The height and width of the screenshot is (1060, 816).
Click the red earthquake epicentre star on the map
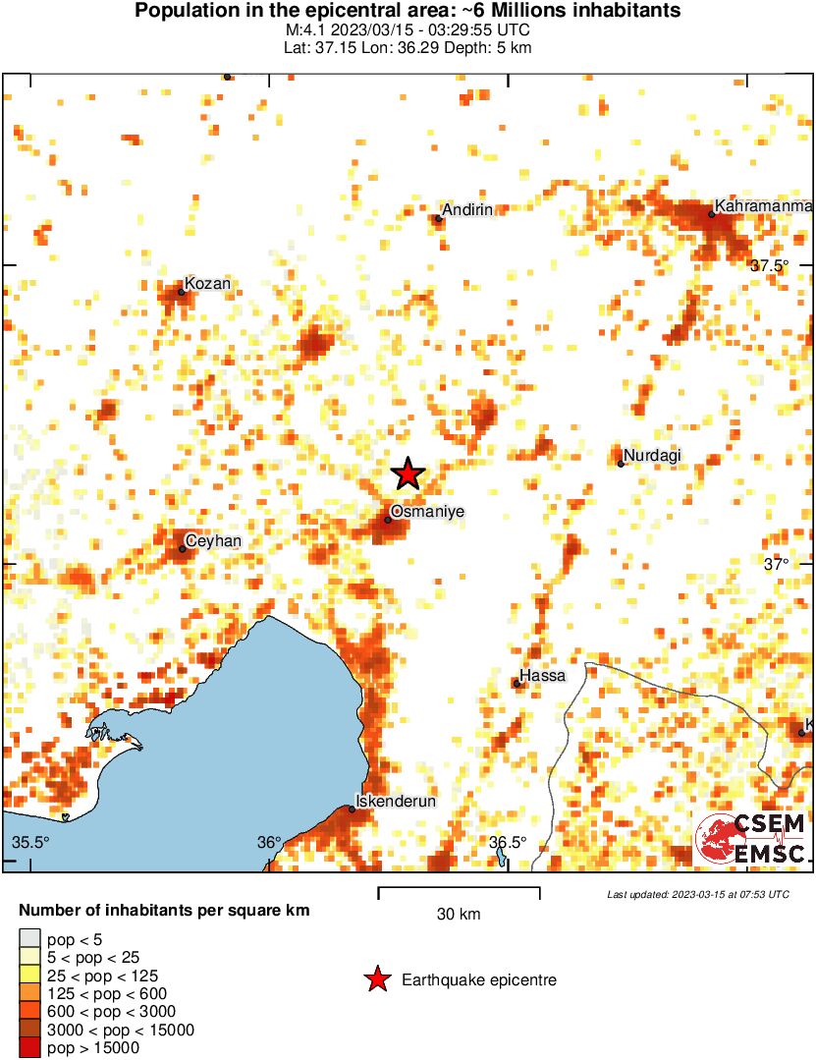(x=408, y=474)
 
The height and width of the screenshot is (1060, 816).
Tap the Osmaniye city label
(x=427, y=512)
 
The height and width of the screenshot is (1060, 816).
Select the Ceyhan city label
(x=213, y=541)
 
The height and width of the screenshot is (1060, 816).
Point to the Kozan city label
(x=208, y=284)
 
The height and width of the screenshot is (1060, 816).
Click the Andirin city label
(x=467, y=209)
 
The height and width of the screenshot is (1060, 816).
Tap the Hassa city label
(x=543, y=676)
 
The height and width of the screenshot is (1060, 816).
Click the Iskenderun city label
(x=395, y=802)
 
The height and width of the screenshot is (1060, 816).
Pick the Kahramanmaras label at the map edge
(x=764, y=206)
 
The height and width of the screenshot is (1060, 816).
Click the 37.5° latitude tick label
(x=770, y=265)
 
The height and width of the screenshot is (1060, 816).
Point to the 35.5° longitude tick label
(x=30, y=842)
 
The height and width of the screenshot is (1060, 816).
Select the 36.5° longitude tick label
(x=507, y=842)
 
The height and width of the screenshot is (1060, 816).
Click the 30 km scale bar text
(x=459, y=915)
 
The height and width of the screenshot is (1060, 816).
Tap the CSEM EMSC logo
(x=751, y=839)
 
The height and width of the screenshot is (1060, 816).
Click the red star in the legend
(x=375, y=979)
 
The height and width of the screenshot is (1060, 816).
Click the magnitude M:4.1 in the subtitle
(x=318, y=29)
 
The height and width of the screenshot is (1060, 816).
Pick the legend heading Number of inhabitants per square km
(x=164, y=911)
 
